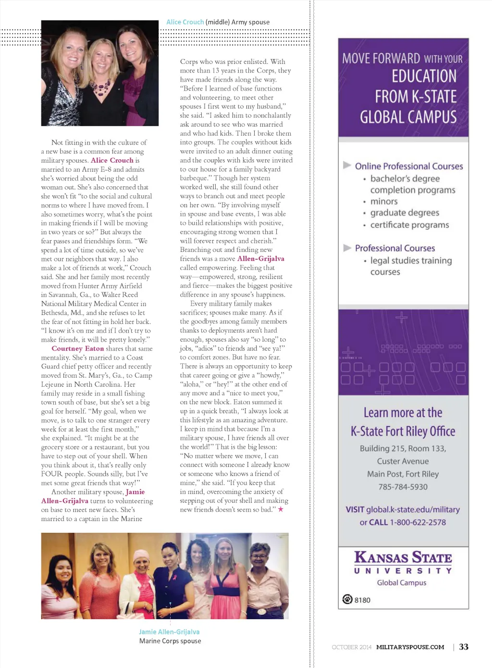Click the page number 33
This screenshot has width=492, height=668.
(x=464, y=647)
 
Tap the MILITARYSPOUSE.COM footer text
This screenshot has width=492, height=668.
(x=410, y=647)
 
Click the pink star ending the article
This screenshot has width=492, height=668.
(x=281, y=509)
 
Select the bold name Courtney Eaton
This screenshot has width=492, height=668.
(x=78, y=349)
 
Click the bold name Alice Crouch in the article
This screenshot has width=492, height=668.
(x=112, y=160)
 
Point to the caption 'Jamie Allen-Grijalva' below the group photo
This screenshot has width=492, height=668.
(x=169, y=632)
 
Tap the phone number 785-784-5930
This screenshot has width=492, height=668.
(x=403, y=487)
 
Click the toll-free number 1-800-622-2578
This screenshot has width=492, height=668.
(x=418, y=522)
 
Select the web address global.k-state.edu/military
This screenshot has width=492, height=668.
(x=413, y=509)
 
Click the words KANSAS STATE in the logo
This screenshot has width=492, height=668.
(x=403, y=558)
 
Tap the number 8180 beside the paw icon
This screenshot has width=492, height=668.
(x=362, y=600)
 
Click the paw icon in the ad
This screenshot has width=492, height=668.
(x=347, y=599)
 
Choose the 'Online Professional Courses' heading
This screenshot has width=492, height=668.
(x=409, y=166)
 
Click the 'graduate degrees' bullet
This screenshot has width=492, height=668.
(x=405, y=213)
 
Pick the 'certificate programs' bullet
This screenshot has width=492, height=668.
(x=409, y=225)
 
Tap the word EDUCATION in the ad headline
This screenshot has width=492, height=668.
(x=424, y=76)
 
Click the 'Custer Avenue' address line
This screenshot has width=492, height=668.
(x=403, y=461)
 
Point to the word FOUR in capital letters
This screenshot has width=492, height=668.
(x=52, y=474)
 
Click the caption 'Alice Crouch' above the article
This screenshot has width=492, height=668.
(x=185, y=22)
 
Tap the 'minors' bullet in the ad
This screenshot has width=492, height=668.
(x=384, y=202)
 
